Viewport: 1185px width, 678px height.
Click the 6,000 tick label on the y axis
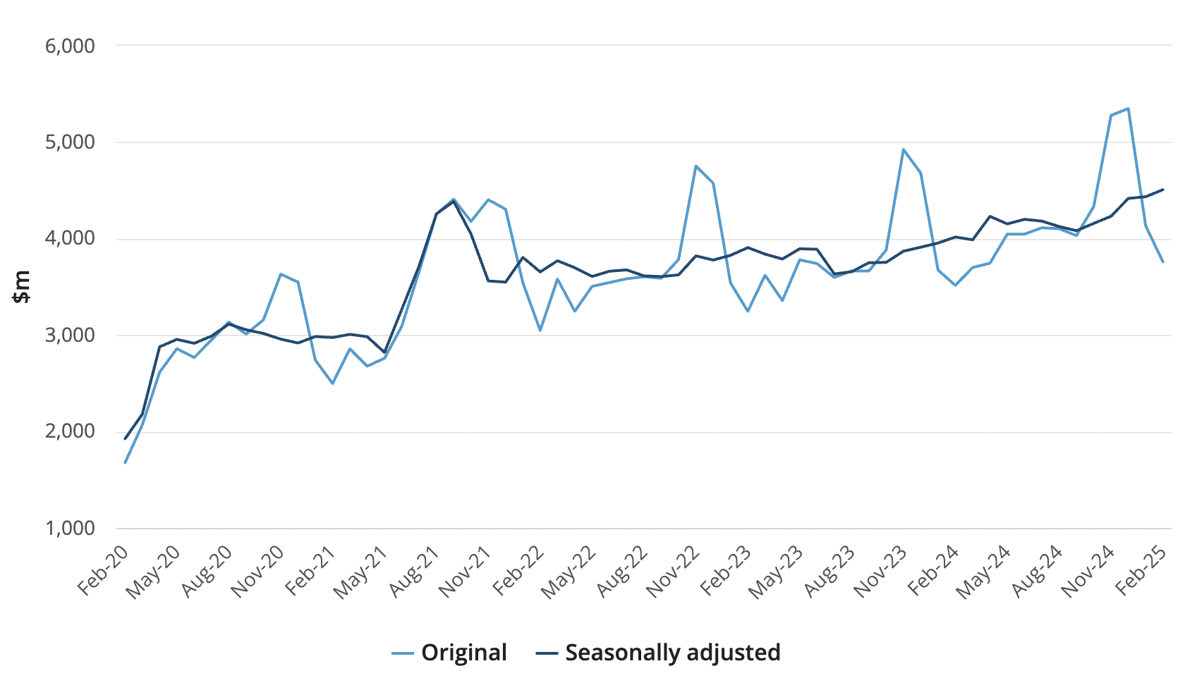70,47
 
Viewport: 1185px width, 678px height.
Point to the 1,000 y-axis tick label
70,529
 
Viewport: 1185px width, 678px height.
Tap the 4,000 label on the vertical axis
70,239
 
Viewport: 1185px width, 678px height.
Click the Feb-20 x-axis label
104,571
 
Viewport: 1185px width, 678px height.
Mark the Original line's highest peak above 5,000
1128,109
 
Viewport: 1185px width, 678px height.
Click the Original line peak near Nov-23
904,149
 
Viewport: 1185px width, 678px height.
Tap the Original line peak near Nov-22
696,166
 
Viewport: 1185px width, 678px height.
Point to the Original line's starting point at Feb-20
126,463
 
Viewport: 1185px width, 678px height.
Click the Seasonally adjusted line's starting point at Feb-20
126,439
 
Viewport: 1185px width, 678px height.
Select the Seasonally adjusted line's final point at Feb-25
1162,189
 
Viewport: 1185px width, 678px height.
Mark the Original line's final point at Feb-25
1162,262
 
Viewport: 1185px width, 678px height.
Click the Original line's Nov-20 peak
281,274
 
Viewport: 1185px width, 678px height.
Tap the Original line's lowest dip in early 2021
332,383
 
